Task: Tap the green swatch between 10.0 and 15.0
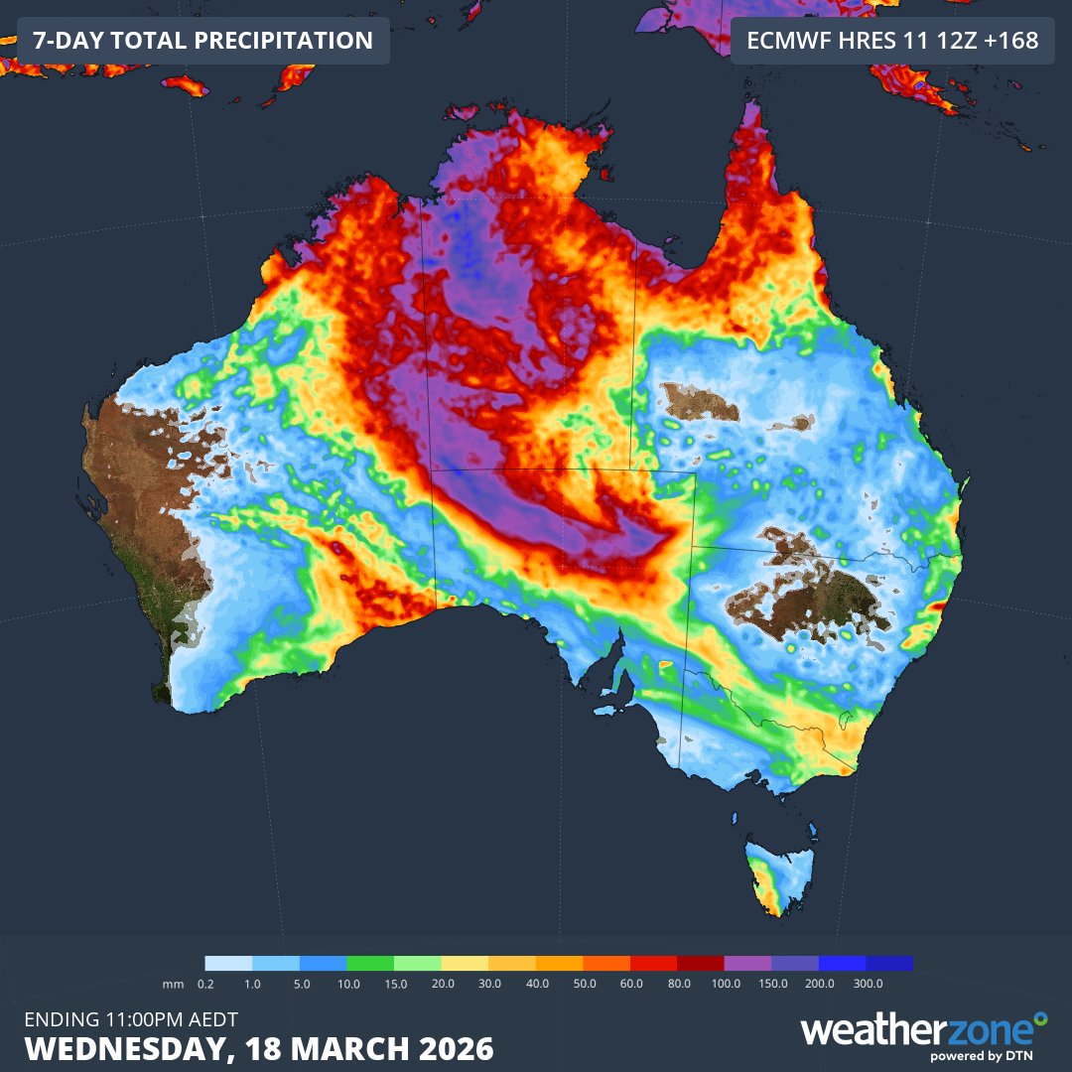pos(370,963)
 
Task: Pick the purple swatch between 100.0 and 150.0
pos(747,963)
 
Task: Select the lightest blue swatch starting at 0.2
pos(228,963)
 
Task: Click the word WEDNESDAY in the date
pos(119,1048)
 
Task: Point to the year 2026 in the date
pos(456,1048)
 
